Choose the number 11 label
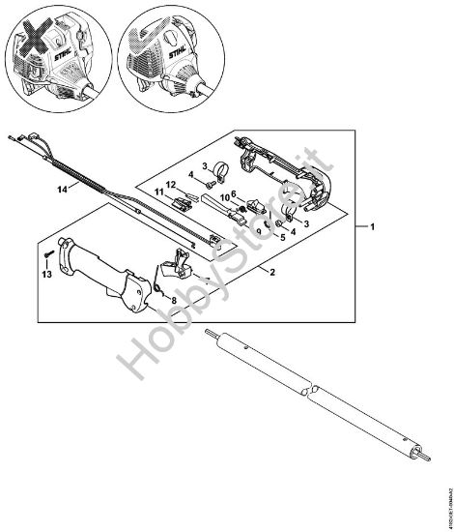156,195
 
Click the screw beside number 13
45,256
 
